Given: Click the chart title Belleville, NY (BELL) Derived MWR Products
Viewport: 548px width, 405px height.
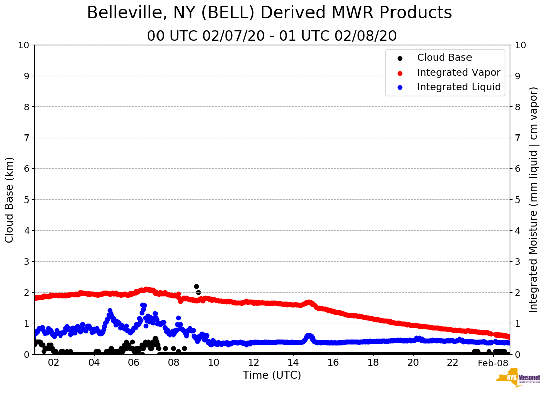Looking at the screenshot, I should [269, 13].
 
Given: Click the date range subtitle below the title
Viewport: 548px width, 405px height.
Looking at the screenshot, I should [272, 36].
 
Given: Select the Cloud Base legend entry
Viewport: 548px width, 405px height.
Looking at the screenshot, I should [444, 58].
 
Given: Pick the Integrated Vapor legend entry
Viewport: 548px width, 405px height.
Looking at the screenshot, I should [458, 73].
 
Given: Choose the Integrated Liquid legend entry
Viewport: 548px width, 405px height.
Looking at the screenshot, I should [459, 87].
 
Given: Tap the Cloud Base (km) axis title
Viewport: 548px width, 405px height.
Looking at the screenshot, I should [10, 199].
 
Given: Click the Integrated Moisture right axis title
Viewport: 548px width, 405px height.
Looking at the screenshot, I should [533, 199].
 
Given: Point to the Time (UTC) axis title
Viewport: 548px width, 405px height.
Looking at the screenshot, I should [272, 375].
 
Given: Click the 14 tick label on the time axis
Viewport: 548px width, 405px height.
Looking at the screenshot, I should [293, 363].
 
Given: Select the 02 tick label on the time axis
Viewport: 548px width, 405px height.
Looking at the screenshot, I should [53, 363].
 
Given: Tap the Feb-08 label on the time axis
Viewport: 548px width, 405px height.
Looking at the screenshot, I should [493, 363].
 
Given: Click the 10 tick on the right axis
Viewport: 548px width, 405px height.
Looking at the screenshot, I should [520, 45].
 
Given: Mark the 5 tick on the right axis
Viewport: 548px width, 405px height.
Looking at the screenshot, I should [517, 199].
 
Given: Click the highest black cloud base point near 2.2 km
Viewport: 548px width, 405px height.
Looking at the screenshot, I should [196, 286].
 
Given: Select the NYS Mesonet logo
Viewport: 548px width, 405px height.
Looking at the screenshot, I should [518, 379].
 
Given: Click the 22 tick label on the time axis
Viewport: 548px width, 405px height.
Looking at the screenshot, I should [453, 363].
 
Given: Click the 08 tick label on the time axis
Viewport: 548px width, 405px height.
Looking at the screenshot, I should [173, 363].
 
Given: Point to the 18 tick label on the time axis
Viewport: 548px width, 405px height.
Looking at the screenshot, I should [373, 363].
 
